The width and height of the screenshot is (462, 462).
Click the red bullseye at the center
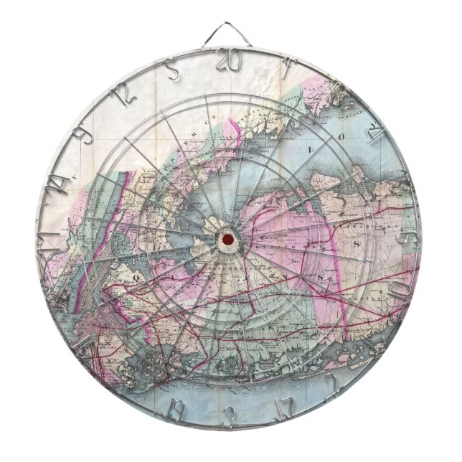coord(227,237)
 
